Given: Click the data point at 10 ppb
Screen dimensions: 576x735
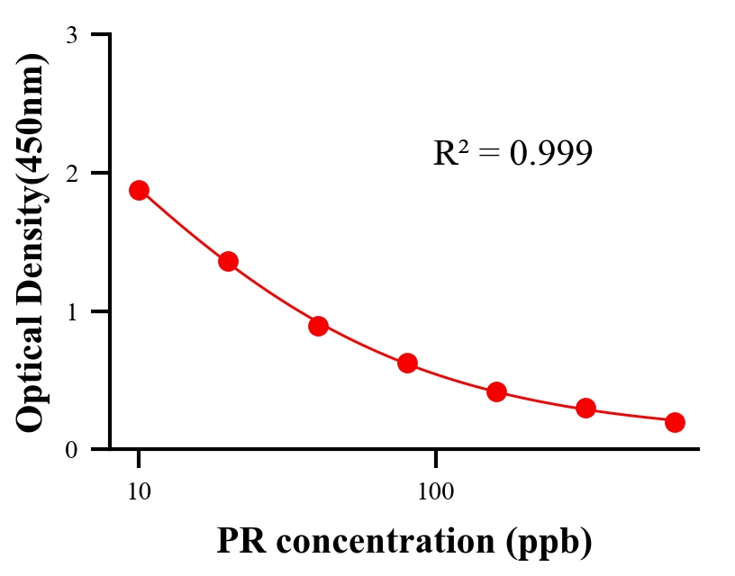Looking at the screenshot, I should coord(139,190).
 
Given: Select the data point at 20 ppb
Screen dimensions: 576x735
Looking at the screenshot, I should coord(228,262).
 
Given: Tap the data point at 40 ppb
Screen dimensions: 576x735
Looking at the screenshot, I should coord(318,326).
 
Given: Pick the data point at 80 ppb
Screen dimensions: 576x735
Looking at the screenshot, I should coord(407,364).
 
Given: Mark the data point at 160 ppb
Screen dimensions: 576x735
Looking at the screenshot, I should coord(496,391).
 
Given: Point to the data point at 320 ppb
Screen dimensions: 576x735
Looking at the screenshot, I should coord(585,409).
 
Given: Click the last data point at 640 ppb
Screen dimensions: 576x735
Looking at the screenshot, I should coord(675,422).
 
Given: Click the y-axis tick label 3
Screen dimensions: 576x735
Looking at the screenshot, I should coord(72,35).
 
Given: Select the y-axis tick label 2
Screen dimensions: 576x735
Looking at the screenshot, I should coord(72,173).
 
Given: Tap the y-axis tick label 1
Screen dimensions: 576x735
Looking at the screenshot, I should coord(72,311).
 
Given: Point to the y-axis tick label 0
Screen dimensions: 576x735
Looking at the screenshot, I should coord(72,449).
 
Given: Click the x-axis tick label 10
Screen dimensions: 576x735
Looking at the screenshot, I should coord(139,492).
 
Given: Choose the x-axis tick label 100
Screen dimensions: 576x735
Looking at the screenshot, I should coord(435,492).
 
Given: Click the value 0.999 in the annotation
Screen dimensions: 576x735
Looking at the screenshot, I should coord(550,154).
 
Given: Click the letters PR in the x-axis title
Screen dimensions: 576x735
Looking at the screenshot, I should coord(237,541).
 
